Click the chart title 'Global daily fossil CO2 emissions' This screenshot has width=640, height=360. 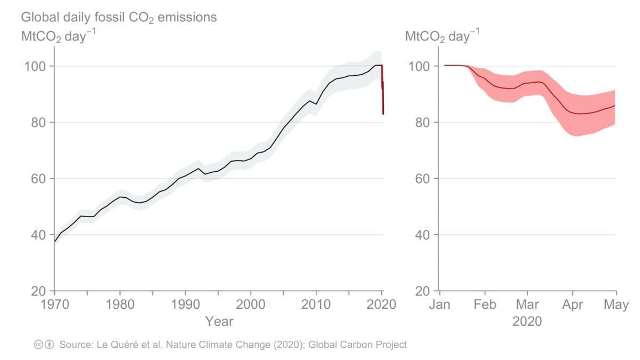[119, 18]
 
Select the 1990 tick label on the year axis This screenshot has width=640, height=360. [185, 305]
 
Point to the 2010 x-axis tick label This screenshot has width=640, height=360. [316, 305]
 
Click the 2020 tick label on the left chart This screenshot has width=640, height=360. [382, 305]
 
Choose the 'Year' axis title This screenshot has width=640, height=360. [219, 321]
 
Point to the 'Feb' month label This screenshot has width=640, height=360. [484, 305]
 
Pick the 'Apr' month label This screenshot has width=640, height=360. [572, 305]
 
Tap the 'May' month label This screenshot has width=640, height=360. [615, 305]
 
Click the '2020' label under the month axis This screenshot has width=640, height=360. [527, 322]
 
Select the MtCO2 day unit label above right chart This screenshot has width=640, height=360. [442, 37]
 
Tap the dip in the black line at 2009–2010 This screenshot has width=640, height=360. [316, 103]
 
